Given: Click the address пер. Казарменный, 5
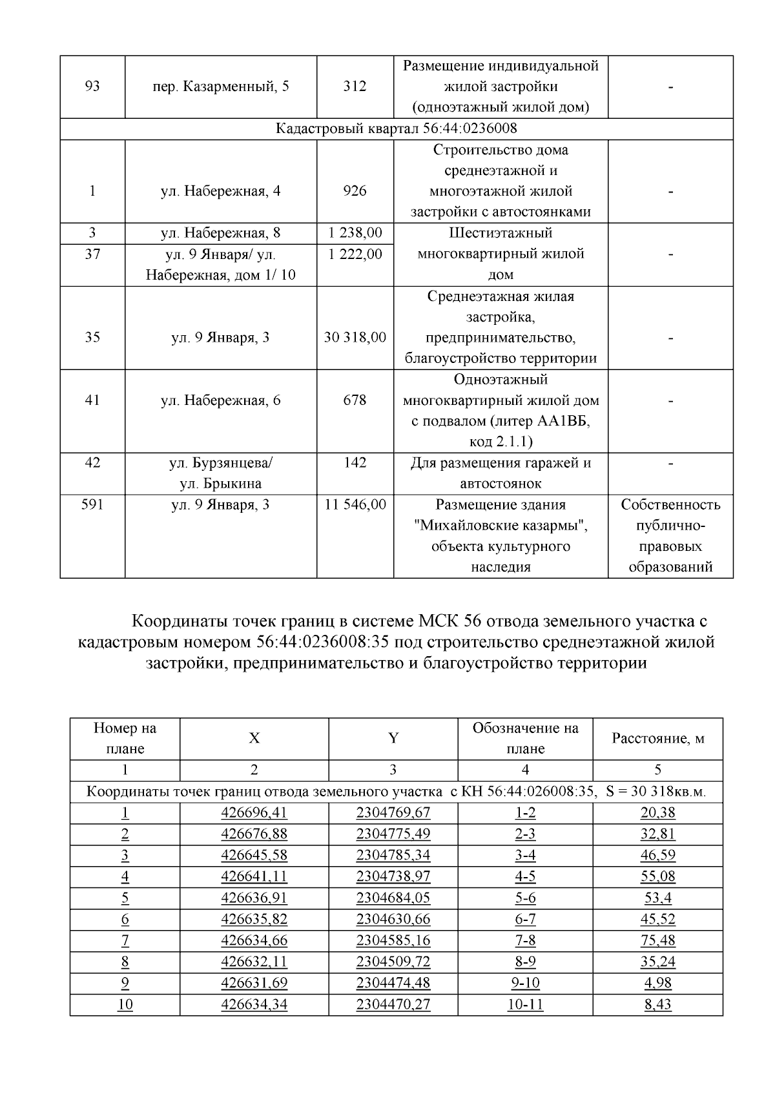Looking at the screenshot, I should click(x=220, y=87).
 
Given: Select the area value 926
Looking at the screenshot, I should click(x=355, y=191).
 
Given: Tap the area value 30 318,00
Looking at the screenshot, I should click(x=355, y=337).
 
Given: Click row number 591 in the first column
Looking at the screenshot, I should click(x=92, y=505).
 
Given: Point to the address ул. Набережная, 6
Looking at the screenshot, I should click(x=220, y=400).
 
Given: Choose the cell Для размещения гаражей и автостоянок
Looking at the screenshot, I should click(x=501, y=473).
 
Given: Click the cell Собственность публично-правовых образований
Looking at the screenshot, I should click(x=670, y=536).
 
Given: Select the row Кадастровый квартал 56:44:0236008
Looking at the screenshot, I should click(x=397, y=129).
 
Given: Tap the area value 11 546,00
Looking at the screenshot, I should click(x=355, y=505).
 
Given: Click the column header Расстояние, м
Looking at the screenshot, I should click(x=657, y=738).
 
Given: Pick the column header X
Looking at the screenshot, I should click(x=254, y=738).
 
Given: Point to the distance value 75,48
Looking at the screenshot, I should click(x=657, y=940).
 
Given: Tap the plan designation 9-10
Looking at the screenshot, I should click(x=525, y=983).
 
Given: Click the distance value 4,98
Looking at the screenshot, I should click(x=657, y=983).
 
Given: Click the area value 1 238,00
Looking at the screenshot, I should click(x=355, y=233).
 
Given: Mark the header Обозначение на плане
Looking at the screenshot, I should click(x=525, y=738).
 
